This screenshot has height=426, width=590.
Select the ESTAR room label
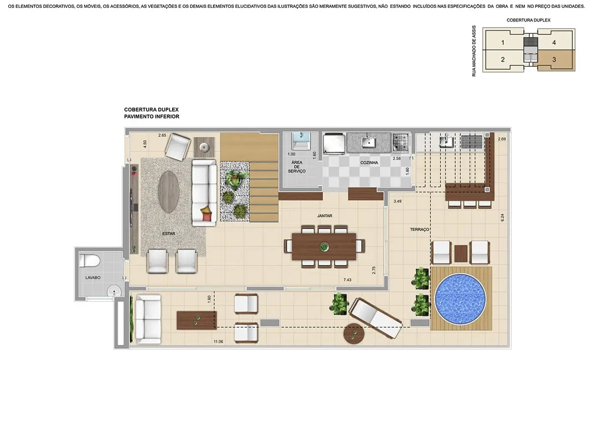coord(169,234)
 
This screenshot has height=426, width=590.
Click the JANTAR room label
coord(324,216)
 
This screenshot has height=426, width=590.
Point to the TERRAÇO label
coord(420,229)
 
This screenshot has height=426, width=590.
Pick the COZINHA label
coord(369,162)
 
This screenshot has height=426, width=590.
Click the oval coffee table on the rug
coord(168,191)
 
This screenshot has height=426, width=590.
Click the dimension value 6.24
coord(502,217)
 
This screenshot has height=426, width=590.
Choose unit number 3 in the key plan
coord(554,59)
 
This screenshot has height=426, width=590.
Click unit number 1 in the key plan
coord(502,43)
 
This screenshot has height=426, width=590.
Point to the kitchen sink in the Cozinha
coord(369,142)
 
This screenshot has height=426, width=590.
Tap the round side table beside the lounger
coord(354,334)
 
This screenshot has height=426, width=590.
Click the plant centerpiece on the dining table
coord(324,247)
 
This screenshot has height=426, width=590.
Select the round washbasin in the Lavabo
coord(115,291)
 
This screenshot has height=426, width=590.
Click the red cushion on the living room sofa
coord(207,213)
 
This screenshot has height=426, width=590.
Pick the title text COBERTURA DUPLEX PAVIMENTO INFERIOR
coord(152,114)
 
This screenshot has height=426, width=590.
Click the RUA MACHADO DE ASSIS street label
coord(474,51)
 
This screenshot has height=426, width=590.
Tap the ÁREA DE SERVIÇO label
coord(297,167)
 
